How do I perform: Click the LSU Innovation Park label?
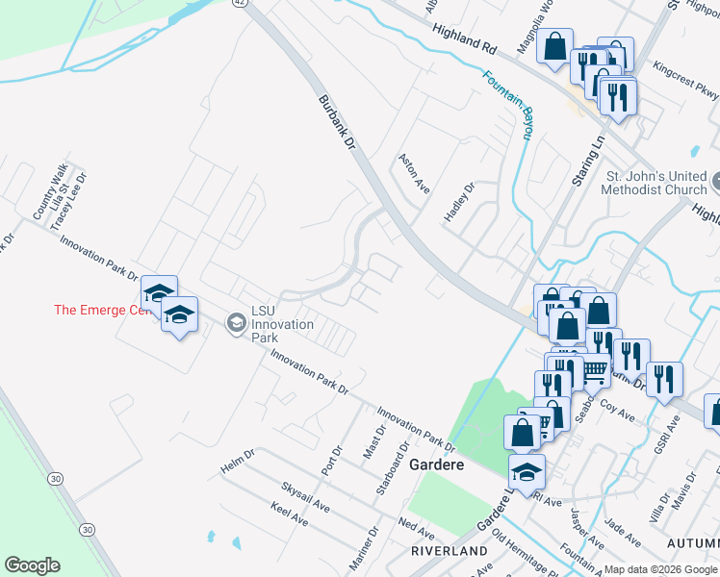coord(282,324)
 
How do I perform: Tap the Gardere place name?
coord(437,464)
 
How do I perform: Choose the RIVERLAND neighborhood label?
coord(450,551)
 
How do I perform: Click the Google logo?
coord(32,565)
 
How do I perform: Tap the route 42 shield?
coord(240,3)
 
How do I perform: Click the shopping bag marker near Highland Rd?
coord(555,47)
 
